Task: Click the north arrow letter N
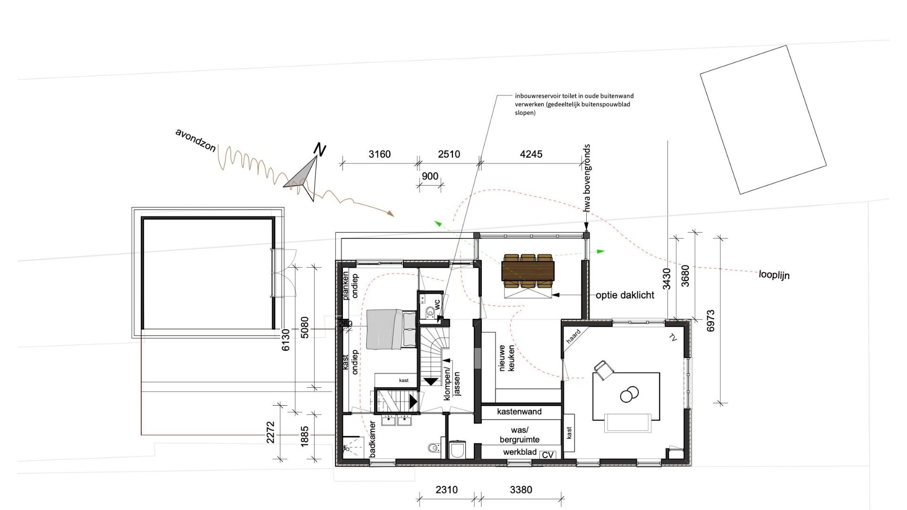click(x=320, y=150)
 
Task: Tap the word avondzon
click(x=196, y=140)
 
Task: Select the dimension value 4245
click(x=531, y=154)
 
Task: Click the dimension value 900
click(x=430, y=176)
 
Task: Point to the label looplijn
click(x=774, y=274)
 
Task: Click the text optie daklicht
click(x=625, y=295)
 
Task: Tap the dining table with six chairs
click(x=528, y=271)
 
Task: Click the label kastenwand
click(x=519, y=412)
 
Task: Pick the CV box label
click(x=548, y=455)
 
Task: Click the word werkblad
click(x=520, y=452)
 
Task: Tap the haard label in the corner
click(x=573, y=336)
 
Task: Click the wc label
click(x=437, y=305)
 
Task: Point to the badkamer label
click(x=372, y=439)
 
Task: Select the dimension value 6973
click(x=710, y=321)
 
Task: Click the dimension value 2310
click(x=446, y=490)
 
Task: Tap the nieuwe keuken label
click(x=507, y=357)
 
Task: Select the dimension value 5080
click(x=304, y=327)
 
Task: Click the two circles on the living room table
click(x=629, y=393)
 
